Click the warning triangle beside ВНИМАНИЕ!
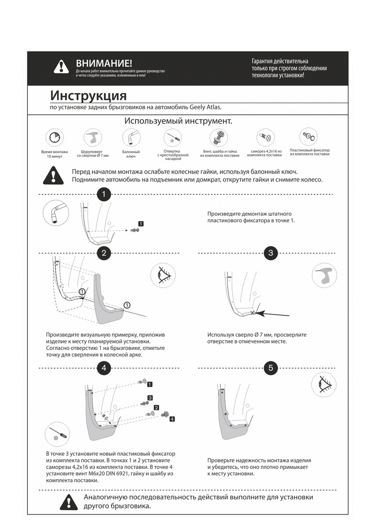pyautogui.click(x=61, y=67)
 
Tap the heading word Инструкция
pyautogui.click(x=88, y=95)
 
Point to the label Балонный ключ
pyautogui.click(x=131, y=154)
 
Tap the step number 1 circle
pyautogui.click(x=103, y=194)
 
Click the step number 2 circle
pyautogui.click(x=103, y=253)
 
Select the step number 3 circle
pyautogui.click(x=271, y=253)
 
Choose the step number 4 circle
pyautogui.click(x=103, y=367)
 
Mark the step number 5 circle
pyautogui.click(x=271, y=367)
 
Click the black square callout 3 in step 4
pyautogui.click(x=150, y=397)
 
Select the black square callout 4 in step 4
pyautogui.click(x=172, y=419)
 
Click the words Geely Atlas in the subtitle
pyautogui.click(x=205, y=107)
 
